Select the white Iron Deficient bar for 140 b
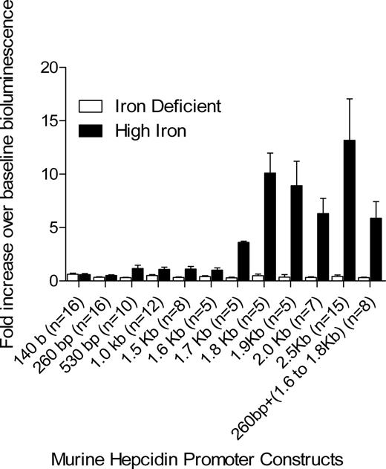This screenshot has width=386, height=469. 72,277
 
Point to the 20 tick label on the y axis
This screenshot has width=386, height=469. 49,68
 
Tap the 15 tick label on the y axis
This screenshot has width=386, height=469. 49,120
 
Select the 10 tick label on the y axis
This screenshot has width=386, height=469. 49,174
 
